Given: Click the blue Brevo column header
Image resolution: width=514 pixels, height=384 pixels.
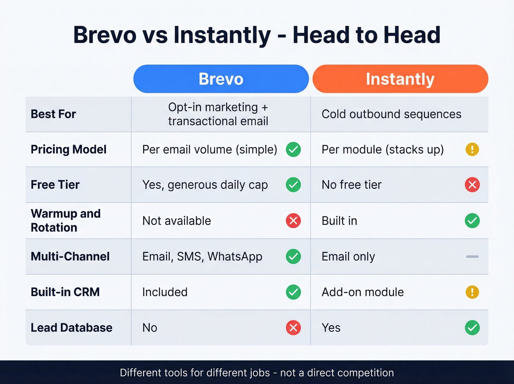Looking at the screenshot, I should pyautogui.click(x=221, y=79).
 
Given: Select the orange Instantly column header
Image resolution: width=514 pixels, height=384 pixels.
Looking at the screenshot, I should pyautogui.click(x=400, y=79).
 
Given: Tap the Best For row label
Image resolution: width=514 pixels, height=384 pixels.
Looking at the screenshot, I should pyautogui.click(x=53, y=114).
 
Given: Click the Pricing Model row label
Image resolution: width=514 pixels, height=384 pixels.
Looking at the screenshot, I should pyautogui.click(x=69, y=150).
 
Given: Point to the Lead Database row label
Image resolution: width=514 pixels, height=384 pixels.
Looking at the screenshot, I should pyautogui.click(x=72, y=328).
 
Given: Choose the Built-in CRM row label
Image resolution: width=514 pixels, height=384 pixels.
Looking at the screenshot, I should pyautogui.click(x=65, y=292).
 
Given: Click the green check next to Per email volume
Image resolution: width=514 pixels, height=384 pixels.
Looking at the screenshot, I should pyautogui.click(x=293, y=150).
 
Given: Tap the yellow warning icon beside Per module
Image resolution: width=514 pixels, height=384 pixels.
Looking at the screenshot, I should pyautogui.click(x=472, y=150).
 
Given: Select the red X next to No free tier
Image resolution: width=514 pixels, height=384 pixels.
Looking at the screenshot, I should pyautogui.click(x=472, y=185).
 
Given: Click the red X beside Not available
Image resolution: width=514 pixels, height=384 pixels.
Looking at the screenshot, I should pyautogui.click(x=293, y=221).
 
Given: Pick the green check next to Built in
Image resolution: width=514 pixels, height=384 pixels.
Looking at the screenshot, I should pyautogui.click(x=472, y=221).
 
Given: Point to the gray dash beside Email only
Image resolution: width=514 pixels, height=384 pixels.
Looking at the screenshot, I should pyautogui.click(x=472, y=256).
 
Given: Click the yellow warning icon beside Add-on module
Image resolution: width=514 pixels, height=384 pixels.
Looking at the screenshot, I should pyautogui.click(x=472, y=292).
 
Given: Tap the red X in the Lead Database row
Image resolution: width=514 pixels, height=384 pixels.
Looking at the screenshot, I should pyautogui.click(x=293, y=328).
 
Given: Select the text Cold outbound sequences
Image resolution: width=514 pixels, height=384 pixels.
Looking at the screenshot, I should pyautogui.click(x=391, y=114).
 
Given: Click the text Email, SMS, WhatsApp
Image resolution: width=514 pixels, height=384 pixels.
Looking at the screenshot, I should pyautogui.click(x=202, y=256).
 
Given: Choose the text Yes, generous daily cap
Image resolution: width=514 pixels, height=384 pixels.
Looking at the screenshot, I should pyautogui.click(x=205, y=185).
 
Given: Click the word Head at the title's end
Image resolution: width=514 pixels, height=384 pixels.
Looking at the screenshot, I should pyautogui.click(x=412, y=35).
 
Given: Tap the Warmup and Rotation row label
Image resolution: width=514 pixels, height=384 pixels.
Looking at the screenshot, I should pyautogui.click(x=66, y=220).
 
